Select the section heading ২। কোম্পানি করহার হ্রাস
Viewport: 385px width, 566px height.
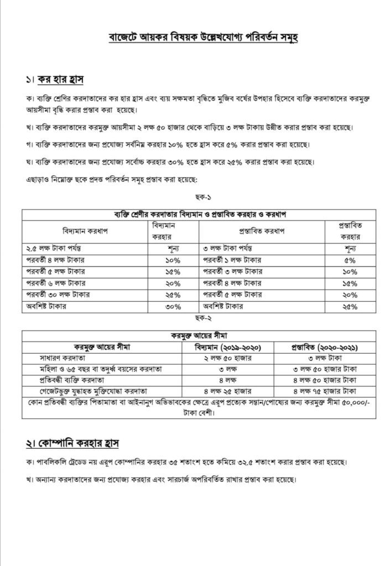(x=72, y=443)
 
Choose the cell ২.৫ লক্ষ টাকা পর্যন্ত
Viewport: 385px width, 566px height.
(x=53, y=249)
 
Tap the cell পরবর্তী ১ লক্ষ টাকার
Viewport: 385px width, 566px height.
(x=235, y=260)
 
